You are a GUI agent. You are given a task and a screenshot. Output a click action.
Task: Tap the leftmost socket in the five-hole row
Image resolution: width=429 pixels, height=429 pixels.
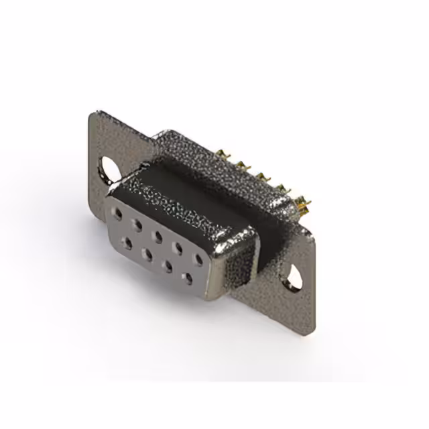(118, 214)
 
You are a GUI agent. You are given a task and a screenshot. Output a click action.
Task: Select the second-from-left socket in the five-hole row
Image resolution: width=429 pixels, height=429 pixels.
(137, 224)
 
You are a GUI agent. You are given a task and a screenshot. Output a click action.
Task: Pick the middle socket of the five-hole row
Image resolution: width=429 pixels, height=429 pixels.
(157, 235)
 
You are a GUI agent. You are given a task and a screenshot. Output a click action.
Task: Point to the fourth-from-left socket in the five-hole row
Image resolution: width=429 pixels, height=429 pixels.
(178, 247)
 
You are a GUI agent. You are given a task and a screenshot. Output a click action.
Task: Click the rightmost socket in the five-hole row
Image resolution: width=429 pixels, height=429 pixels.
(198, 258)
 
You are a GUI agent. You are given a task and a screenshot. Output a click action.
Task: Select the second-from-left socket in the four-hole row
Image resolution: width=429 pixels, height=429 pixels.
(146, 252)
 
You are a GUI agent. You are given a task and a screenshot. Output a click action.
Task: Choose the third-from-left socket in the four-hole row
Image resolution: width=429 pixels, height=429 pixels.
(167, 264)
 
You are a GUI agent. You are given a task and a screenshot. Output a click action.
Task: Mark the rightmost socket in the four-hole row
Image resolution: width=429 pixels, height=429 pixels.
(188, 275)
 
